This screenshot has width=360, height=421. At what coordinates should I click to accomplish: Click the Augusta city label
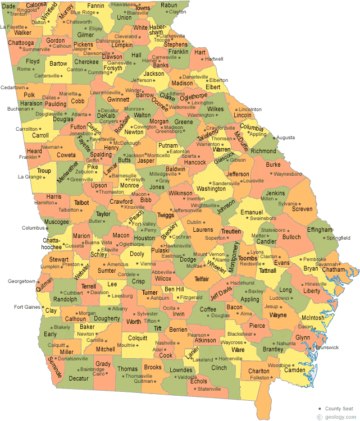(x=286, y=138)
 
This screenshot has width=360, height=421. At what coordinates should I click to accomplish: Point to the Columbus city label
(x=32, y=228)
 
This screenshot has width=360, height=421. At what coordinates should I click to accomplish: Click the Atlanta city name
(x=80, y=114)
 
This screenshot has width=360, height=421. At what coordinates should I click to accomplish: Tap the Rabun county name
(x=168, y=5)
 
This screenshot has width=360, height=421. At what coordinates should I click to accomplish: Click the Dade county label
(x=8, y=4)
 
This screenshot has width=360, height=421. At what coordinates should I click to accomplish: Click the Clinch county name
(x=218, y=368)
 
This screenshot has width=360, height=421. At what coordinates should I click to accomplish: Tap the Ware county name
(x=238, y=349)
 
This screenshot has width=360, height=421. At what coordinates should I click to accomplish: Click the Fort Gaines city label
(x=26, y=307)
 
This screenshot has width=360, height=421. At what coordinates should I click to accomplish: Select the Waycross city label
(x=231, y=342)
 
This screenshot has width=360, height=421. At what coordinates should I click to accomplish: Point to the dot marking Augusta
(x=275, y=137)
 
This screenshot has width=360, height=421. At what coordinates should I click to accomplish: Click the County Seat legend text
(x=340, y=408)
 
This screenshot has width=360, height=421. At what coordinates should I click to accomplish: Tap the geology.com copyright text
(x=338, y=417)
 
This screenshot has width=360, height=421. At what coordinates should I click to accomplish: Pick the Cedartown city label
(x=12, y=88)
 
